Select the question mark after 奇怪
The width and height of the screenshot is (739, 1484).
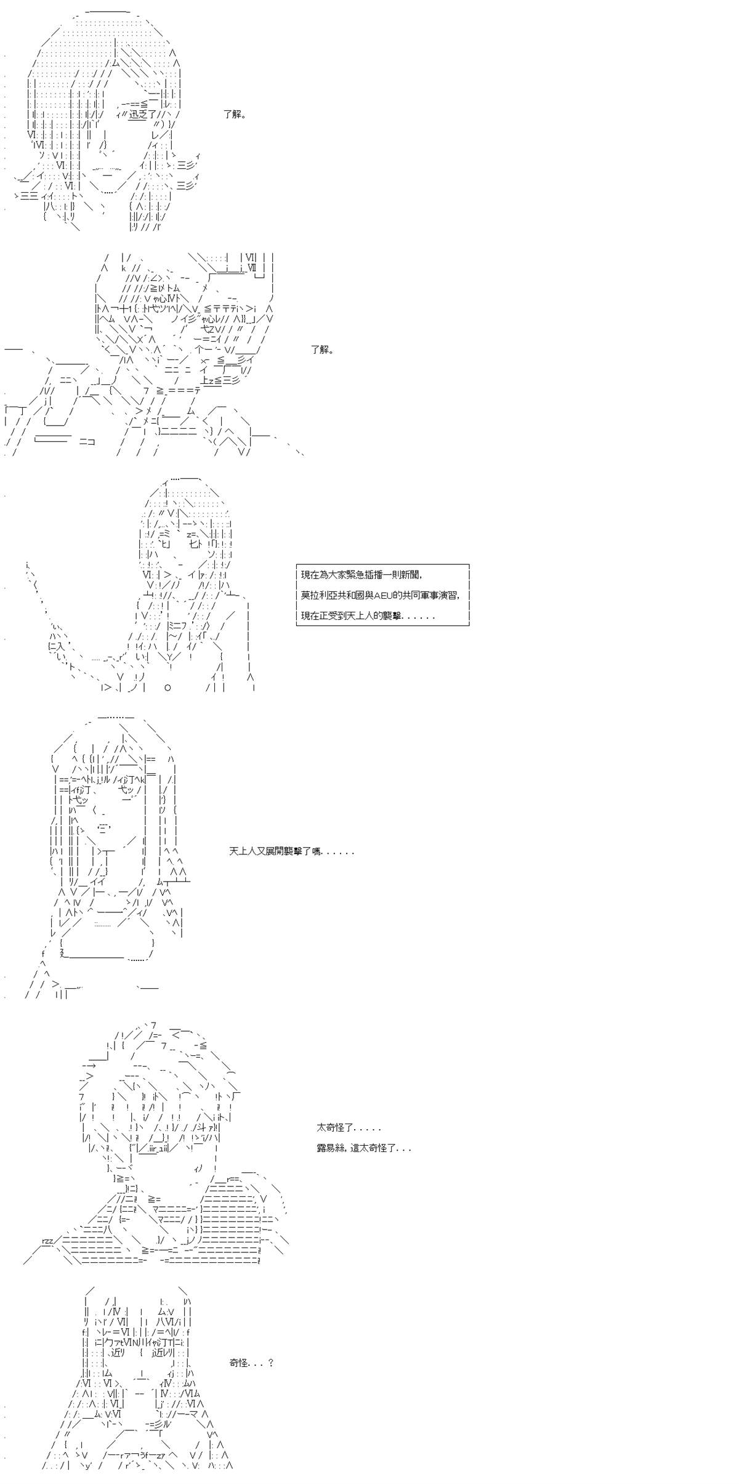[x=270, y=1346]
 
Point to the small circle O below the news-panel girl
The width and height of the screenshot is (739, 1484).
[x=168, y=687]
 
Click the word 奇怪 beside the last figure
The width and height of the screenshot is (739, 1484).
[x=239, y=1346]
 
